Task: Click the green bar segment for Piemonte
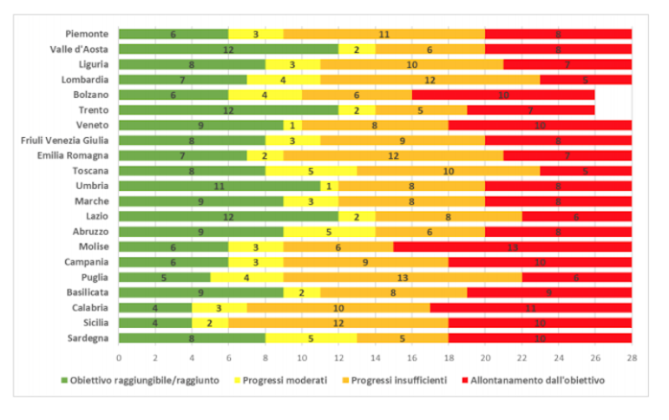[173, 34]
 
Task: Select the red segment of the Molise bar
[513, 246]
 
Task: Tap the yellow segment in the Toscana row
[311, 171]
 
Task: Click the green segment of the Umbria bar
[219, 186]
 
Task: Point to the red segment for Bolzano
[503, 95]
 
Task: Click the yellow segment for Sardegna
[311, 338]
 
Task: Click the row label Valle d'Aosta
[80, 49]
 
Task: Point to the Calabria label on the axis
[89, 307]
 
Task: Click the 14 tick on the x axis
[375, 357]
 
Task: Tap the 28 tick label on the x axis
[632, 357]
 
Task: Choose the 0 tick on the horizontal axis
[119, 357]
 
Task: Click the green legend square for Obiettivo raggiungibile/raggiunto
[64, 380]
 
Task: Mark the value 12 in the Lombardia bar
[430, 80]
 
